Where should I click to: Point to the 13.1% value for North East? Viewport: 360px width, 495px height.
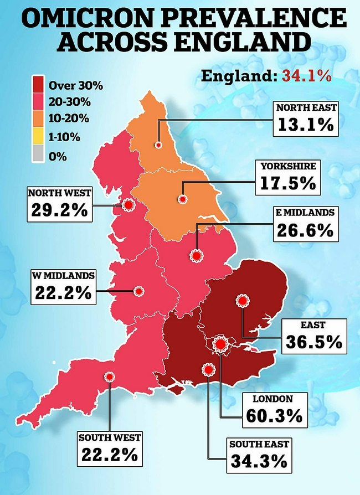(306, 125)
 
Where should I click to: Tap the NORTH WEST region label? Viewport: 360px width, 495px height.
(59, 193)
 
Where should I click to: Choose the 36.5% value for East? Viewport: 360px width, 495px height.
(313, 342)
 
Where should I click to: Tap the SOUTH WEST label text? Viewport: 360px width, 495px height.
(110, 438)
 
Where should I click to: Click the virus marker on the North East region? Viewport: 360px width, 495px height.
(158, 144)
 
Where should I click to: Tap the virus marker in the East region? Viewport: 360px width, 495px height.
(242, 301)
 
